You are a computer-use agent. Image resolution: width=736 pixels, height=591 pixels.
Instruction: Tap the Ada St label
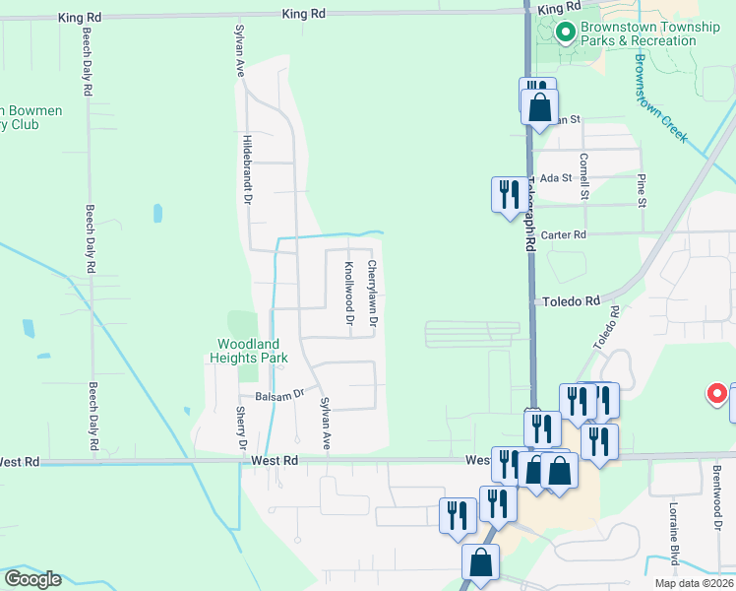(x=556, y=177)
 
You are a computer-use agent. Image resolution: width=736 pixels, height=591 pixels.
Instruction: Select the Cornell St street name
(x=583, y=176)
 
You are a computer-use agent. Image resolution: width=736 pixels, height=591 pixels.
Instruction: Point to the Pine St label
(x=642, y=190)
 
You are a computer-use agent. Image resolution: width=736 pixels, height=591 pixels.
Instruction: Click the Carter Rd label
(x=563, y=235)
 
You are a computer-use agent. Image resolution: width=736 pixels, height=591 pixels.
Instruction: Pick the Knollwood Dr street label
(x=348, y=293)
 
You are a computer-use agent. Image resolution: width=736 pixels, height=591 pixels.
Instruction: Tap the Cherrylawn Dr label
(x=373, y=293)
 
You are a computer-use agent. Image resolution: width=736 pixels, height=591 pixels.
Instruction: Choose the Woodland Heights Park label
(x=252, y=351)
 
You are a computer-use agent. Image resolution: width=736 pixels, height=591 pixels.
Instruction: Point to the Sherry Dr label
(x=240, y=430)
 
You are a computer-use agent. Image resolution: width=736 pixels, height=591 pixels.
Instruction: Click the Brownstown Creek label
(x=659, y=98)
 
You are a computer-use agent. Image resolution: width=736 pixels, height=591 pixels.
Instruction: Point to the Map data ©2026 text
(x=695, y=583)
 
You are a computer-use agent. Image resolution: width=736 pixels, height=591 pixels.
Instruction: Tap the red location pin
(x=717, y=395)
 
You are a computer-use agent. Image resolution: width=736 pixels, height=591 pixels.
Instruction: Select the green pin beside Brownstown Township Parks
(x=565, y=33)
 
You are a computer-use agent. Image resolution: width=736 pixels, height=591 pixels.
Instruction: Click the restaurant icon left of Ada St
(x=507, y=192)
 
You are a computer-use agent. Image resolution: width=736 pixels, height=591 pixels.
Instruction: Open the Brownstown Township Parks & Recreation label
(x=649, y=33)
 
